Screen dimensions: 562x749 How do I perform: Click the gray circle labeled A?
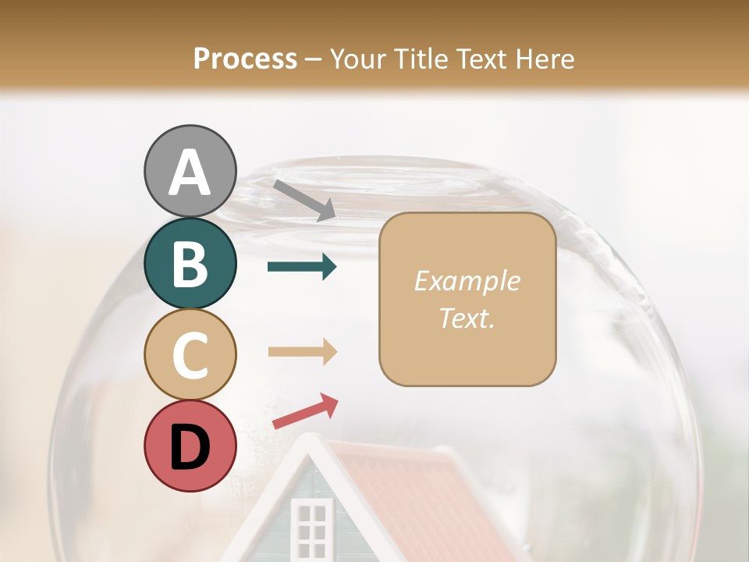pos(190,171)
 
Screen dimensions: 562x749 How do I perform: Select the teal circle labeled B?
pos(190,263)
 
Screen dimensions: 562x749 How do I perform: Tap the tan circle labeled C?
pos(190,354)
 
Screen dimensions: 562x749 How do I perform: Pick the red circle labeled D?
pos(190,446)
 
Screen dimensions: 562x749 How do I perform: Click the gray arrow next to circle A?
pos(304,200)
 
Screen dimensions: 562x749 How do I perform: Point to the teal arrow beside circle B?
pos(302,267)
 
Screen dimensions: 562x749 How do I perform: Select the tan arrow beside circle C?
pos(302,352)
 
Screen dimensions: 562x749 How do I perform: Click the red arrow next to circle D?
pos(305,411)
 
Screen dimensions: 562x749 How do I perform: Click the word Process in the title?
pos(245,59)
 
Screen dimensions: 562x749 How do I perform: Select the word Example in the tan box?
pos(467,281)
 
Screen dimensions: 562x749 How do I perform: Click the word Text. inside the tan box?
pos(467,318)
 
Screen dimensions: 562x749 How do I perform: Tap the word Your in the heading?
pos(357,59)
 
